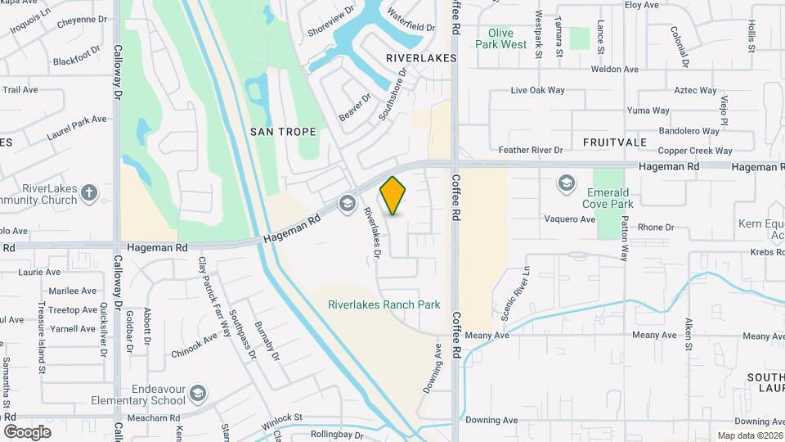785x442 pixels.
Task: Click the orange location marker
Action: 393,195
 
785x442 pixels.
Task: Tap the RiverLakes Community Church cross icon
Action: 89,193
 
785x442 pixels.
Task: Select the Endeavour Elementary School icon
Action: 197,395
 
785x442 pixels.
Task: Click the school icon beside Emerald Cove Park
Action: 565,183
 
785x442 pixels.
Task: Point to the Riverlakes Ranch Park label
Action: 384,304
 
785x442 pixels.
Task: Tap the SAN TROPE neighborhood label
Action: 281,131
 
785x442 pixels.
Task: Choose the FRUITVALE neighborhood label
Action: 615,142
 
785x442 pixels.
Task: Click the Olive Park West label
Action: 501,38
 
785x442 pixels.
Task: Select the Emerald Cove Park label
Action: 610,198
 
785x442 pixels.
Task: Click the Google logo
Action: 27,431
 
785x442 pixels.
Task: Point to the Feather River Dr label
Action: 531,151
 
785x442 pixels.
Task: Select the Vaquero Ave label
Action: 571,219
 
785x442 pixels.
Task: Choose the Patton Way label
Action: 624,239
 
